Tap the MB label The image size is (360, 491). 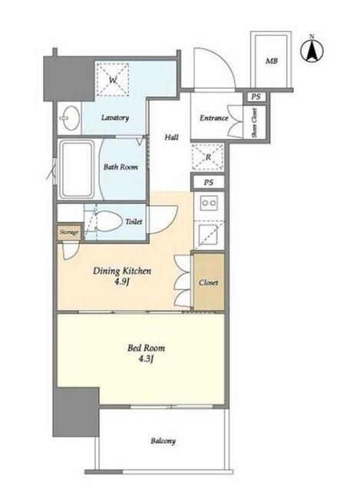point(271,61)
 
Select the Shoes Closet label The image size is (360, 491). point(254,123)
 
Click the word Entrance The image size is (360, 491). point(213,118)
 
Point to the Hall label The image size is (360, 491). point(172,137)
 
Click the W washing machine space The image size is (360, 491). point(113,80)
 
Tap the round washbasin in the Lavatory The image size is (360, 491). point(71,118)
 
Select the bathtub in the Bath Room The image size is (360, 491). point(77,169)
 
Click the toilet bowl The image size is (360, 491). point(107,222)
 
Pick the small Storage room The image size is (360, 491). point(69,232)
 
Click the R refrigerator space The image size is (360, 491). point(208,157)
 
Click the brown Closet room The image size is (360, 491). point(209,282)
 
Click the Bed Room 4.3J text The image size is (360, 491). point(146,353)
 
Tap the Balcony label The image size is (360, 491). point(163,441)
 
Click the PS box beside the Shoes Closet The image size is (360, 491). point(256,97)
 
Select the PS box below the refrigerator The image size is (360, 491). point(208,183)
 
